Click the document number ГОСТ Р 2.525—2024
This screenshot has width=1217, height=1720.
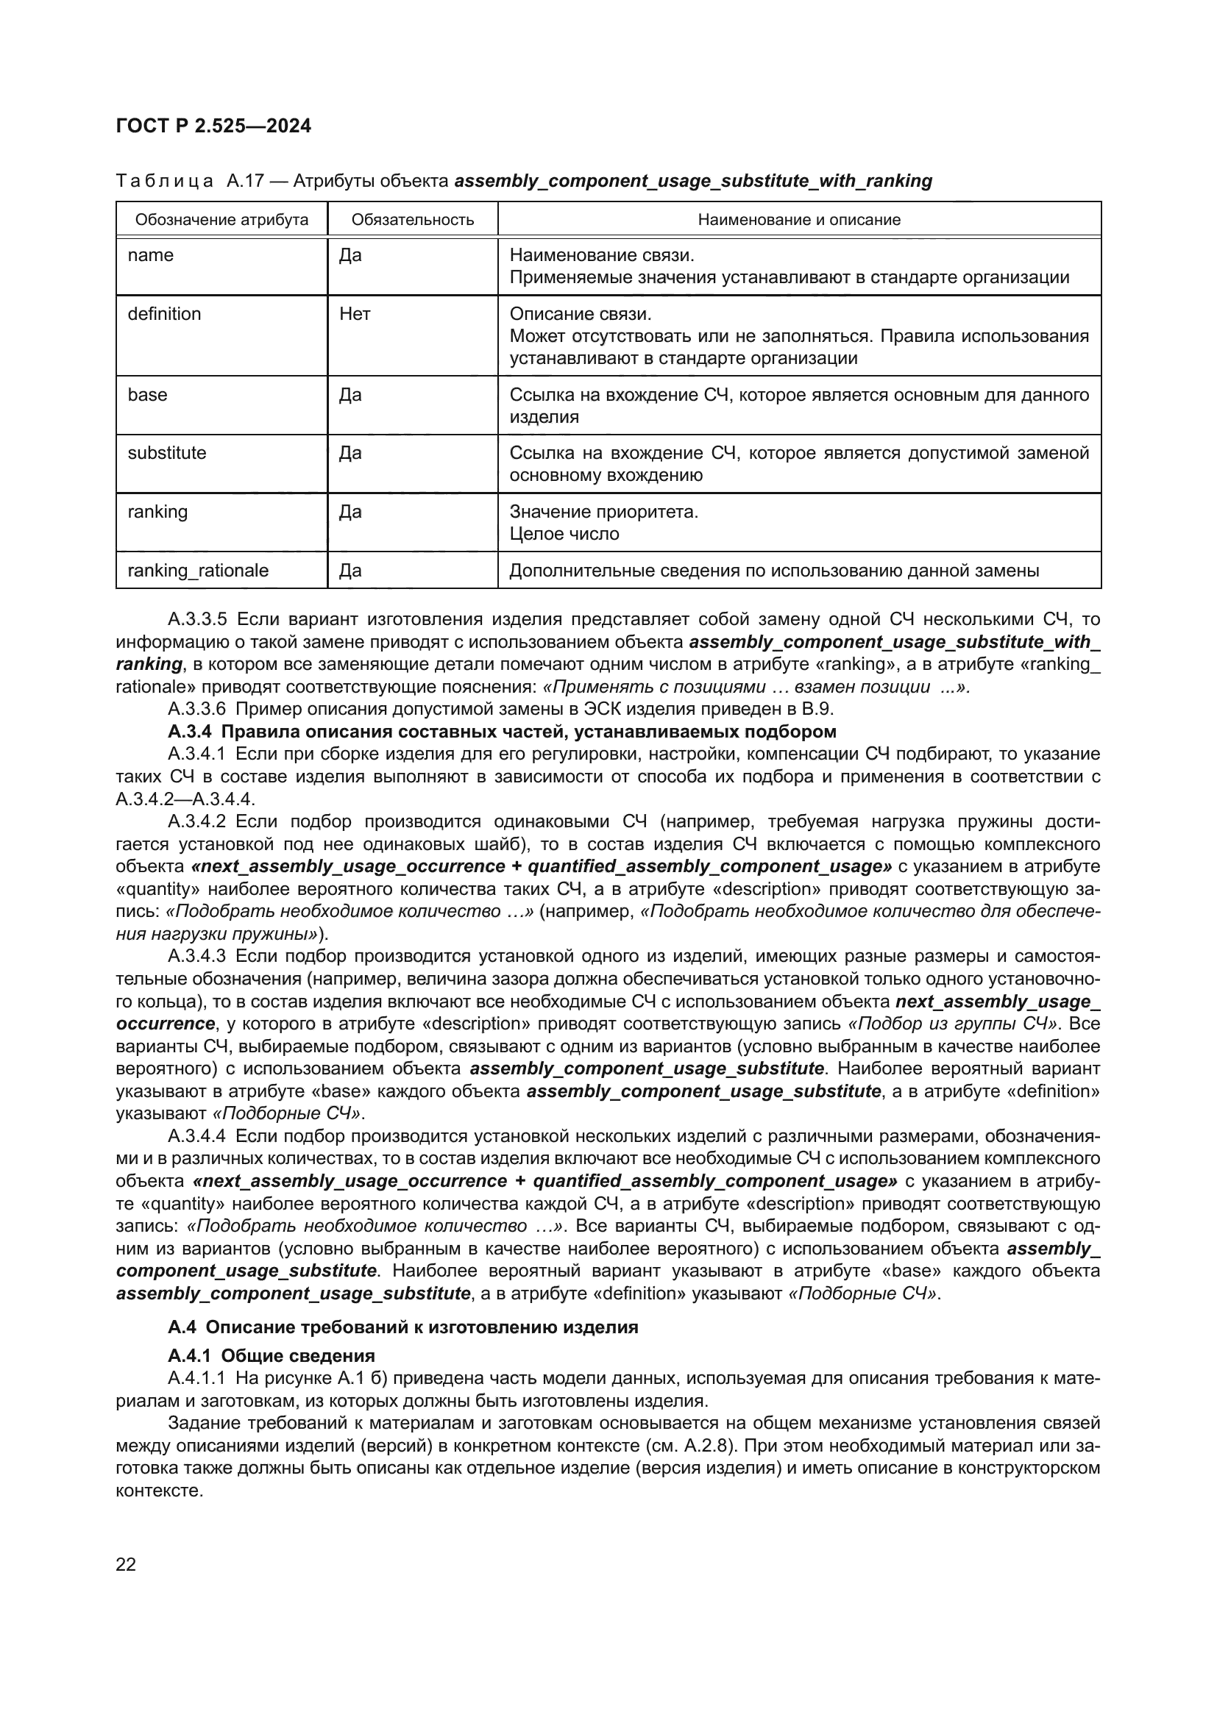[x=213, y=126]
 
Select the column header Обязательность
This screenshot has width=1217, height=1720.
[x=412, y=219]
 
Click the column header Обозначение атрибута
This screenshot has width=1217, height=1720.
[x=221, y=219]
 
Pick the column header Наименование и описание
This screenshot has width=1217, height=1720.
[x=799, y=219]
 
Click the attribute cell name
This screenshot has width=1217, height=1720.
[x=151, y=255]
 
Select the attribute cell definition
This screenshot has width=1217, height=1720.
[x=164, y=314]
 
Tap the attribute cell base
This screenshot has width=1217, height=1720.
[x=148, y=395]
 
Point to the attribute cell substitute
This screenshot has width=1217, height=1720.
[x=166, y=453]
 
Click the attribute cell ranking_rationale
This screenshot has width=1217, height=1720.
[x=198, y=571]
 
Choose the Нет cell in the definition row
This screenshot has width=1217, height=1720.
[x=355, y=314]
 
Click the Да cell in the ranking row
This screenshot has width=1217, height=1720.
[x=350, y=513]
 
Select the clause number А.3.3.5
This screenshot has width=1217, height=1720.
[x=197, y=619]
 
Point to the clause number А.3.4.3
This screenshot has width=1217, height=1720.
[x=197, y=957]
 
